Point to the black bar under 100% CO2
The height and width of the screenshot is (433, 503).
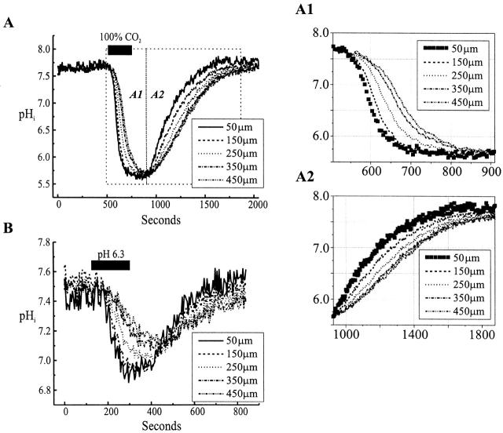pyautogui.click(x=120, y=50)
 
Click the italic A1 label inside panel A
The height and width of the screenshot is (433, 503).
pyautogui.click(x=135, y=93)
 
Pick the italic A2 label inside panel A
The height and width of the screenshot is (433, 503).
pyautogui.click(x=158, y=93)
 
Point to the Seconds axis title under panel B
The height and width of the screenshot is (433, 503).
pyautogui.click(x=161, y=427)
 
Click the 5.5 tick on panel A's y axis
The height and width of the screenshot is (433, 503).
pyautogui.click(x=37, y=185)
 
